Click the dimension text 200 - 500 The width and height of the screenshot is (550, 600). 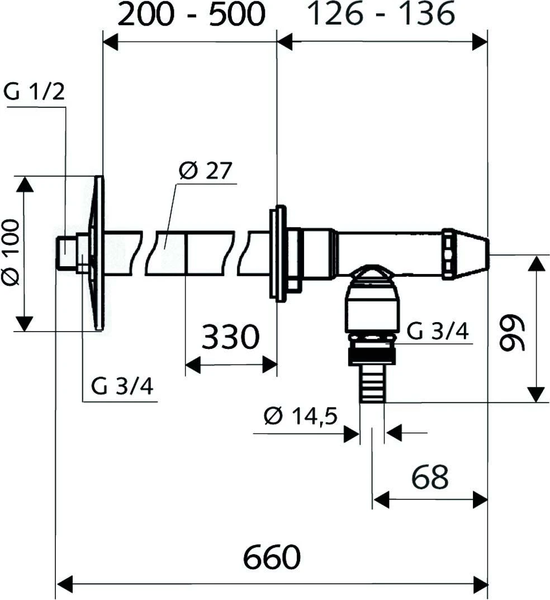pos(191,15)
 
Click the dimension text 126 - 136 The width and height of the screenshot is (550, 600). pos(382,15)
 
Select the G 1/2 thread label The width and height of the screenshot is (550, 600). pos(34,91)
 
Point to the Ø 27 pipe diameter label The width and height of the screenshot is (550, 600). pos(205,171)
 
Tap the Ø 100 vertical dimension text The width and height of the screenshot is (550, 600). pos(11,253)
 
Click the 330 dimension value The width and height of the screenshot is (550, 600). pos(231,337)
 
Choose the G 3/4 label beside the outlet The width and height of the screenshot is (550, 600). pos(437,331)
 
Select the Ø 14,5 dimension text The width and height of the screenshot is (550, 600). pos(301,417)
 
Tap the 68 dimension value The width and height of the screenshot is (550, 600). pos(430,477)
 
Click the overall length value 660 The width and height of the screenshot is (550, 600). pos(272,556)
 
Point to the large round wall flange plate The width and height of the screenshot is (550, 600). pos(98,253)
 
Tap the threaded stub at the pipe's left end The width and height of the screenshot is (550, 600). pos(68,253)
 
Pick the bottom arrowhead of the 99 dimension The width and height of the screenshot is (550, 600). pos(537,394)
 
